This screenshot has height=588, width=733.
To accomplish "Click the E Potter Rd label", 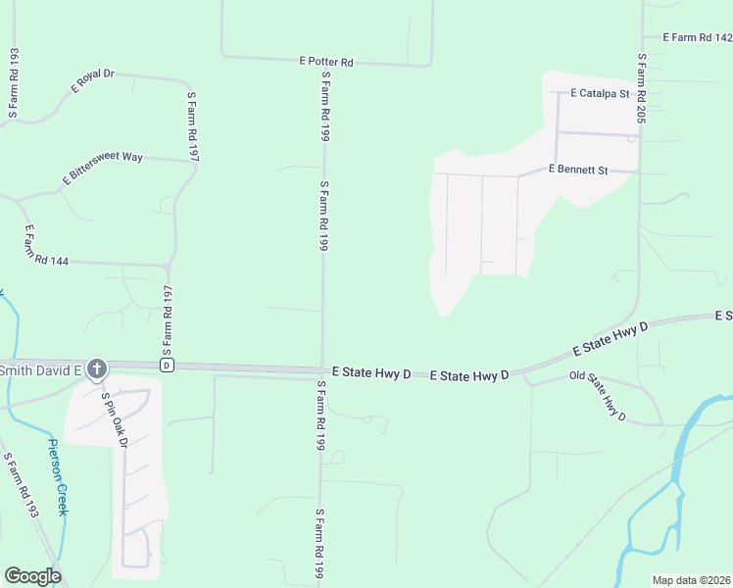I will point(325,61).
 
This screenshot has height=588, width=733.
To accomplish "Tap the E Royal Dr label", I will point(93,81).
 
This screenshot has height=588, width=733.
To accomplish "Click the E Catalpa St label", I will point(600,94).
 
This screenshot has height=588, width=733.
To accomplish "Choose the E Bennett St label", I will point(578,170).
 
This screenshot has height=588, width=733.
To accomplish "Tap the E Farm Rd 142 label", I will point(697,37).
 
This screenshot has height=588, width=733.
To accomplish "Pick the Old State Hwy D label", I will point(598,396).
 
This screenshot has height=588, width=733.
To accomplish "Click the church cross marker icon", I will point(96,369).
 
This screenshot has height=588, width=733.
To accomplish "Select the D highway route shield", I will point(167,366).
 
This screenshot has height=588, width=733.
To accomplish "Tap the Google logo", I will point(32,576).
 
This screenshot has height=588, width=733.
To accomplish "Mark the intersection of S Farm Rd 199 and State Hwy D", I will point(322,370).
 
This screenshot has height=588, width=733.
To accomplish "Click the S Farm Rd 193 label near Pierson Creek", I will point(20,484).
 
